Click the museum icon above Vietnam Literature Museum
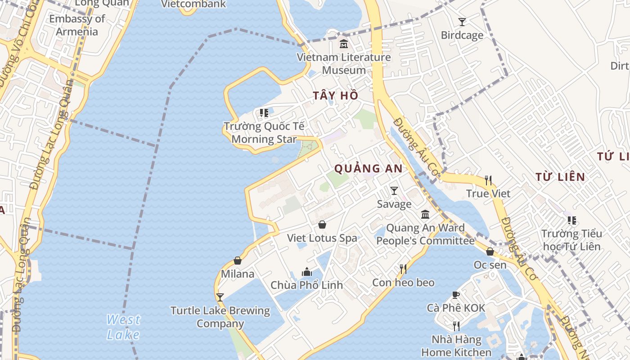(344, 44)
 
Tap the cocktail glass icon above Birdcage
(462, 22)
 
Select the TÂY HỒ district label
(336, 95)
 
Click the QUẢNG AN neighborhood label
(368, 169)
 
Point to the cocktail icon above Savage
(394, 191)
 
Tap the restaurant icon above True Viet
(488, 180)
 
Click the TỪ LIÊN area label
(560, 177)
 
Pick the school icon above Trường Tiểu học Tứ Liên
(571, 220)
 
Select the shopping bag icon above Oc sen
(490, 252)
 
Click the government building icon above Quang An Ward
(425, 214)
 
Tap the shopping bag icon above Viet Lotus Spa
(322, 225)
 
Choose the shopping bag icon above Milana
(238, 261)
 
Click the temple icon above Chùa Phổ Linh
(307, 272)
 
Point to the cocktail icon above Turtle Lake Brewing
(220, 297)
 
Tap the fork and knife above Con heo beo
(403, 269)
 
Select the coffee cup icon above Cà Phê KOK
(456, 295)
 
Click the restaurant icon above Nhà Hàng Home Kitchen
(456, 326)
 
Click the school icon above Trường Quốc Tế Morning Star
(264, 112)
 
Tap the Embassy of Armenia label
(77, 25)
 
